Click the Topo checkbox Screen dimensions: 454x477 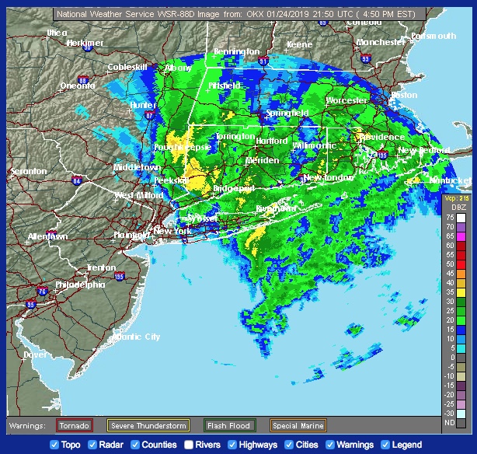(54, 445)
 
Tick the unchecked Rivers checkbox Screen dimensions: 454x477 (189, 445)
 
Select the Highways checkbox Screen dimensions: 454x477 (235, 445)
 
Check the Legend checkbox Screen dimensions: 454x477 (385, 445)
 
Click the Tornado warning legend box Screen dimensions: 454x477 (75, 425)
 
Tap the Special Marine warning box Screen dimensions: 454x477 (298, 425)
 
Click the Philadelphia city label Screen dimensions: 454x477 (80, 285)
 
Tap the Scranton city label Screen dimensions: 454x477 (30, 170)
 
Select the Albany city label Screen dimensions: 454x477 (178, 68)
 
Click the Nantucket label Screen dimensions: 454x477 (450, 180)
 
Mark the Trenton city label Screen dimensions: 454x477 (101, 267)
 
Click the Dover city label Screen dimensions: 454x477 (35, 354)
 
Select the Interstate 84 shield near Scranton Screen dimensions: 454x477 (76, 181)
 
